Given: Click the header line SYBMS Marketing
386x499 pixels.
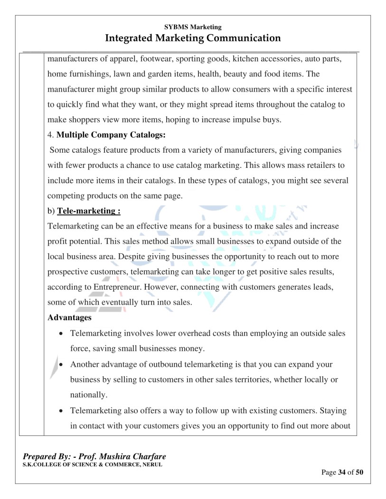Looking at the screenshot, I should (x=193, y=28).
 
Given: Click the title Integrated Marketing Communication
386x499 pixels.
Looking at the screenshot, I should (x=193, y=38).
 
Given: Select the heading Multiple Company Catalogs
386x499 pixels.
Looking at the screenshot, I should (x=111, y=135).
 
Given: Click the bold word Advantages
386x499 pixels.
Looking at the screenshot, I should (x=69, y=318).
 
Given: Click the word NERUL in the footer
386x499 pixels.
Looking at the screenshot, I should (x=152, y=464).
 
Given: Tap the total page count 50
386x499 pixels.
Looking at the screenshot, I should (x=359, y=472).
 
